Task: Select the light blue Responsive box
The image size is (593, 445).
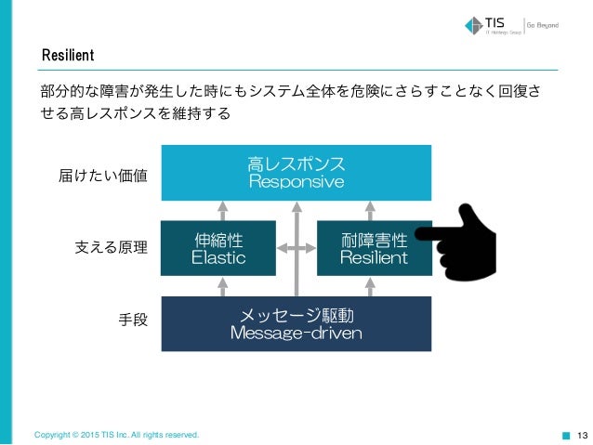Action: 296,173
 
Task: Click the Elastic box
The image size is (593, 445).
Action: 218,248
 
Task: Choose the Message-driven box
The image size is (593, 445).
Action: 296,323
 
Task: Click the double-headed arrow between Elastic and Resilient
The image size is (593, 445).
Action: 296,248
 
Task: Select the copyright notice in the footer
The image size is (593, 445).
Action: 116,434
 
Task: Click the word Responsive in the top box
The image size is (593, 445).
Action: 296,182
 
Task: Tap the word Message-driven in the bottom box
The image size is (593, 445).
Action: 296,333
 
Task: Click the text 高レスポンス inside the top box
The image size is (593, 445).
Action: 296,164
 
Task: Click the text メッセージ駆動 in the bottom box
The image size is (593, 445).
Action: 296,315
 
